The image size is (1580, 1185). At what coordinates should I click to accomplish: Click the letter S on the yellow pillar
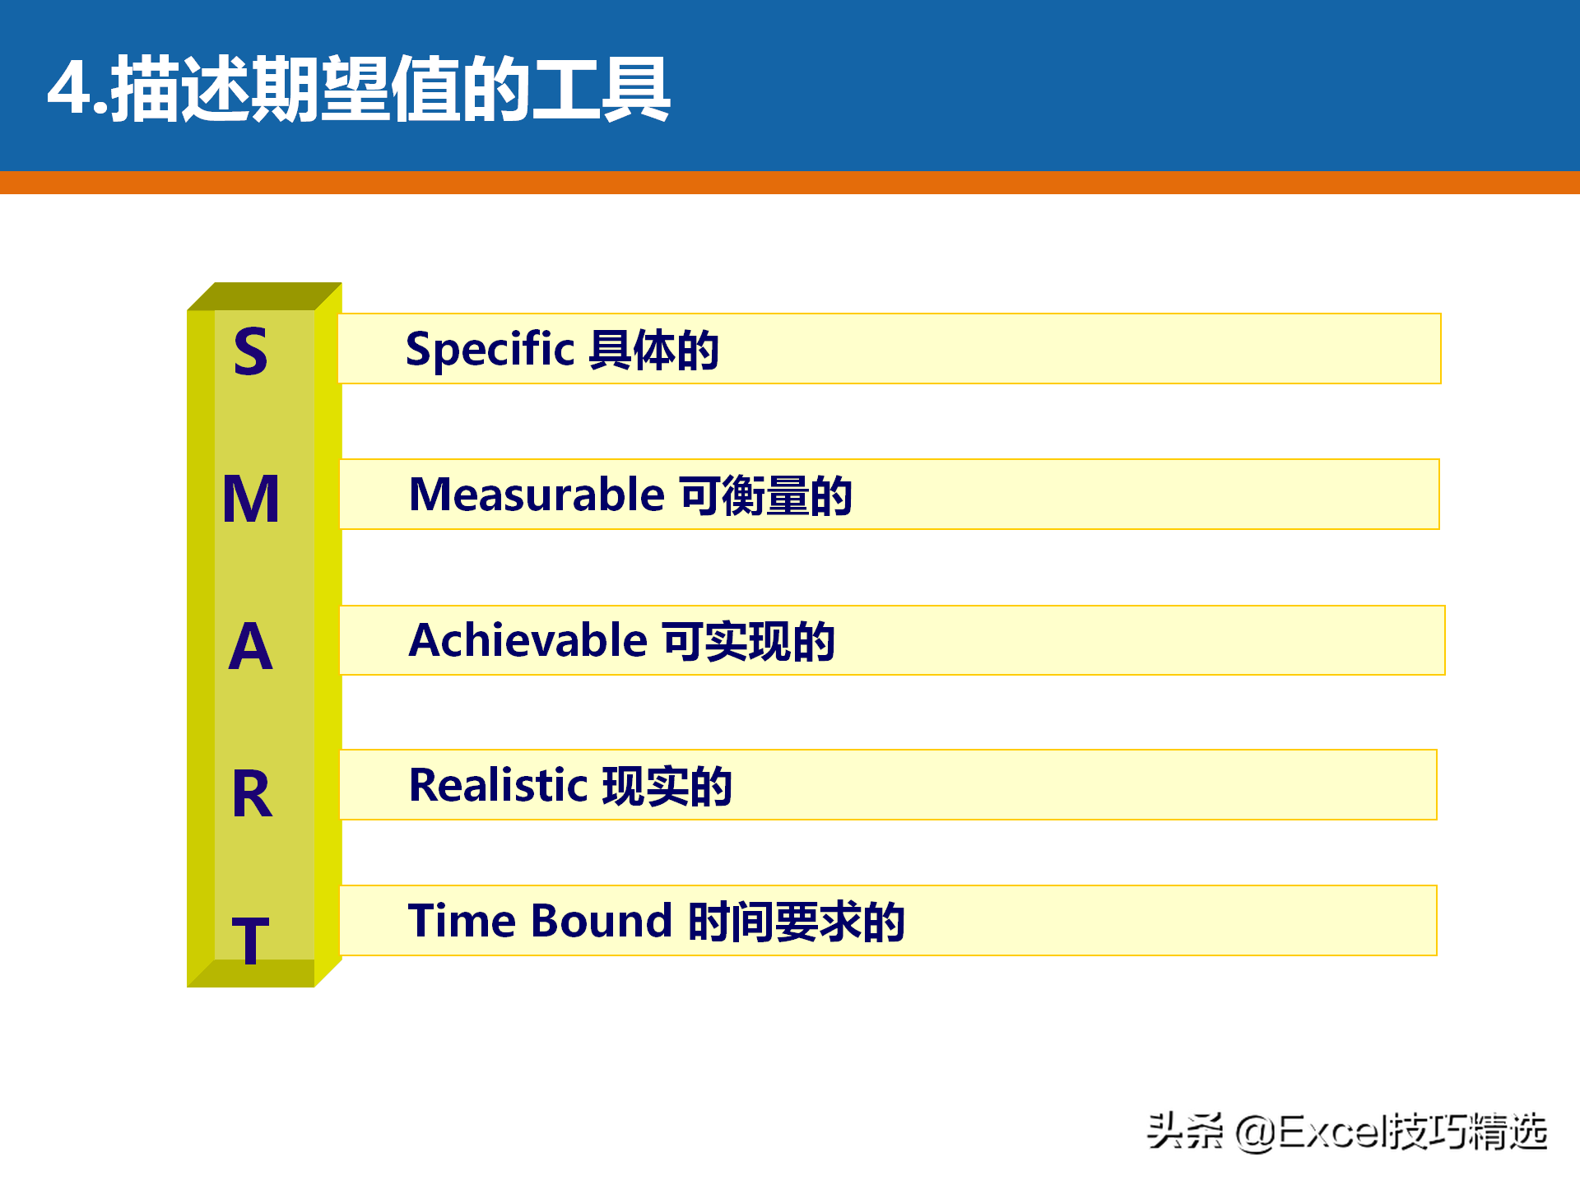(x=251, y=351)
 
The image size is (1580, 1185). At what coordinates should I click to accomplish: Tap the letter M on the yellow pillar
(x=251, y=499)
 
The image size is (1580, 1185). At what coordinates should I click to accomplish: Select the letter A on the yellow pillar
(x=250, y=646)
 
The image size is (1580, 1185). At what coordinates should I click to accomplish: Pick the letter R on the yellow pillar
(x=252, y=793)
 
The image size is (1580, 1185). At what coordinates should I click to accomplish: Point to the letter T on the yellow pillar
(x=251, y=940)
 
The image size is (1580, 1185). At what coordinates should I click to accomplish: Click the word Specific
(x=490, y=350)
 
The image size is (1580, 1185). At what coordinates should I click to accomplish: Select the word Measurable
(x=537, y=495)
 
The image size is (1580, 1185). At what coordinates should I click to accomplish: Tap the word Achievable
(x=528, y=640)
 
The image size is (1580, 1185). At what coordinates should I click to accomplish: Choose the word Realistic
(x=498, y=785)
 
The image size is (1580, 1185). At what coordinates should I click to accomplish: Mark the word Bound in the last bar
(x=602, y=920)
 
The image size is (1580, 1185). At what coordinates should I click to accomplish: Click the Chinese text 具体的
(x=654, y=350)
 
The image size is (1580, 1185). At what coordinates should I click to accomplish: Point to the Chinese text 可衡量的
(x=766, y=495)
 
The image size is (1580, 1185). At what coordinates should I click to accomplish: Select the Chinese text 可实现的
(x=749, y=641)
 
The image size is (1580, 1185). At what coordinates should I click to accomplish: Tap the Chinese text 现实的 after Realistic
(x=667, y=786)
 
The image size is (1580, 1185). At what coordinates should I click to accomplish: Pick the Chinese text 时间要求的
(x=797, y=921)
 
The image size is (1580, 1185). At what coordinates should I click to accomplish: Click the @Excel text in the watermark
(x=1308, y=1132)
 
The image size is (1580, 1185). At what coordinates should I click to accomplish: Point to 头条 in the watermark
(x=1185, y=1131)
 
